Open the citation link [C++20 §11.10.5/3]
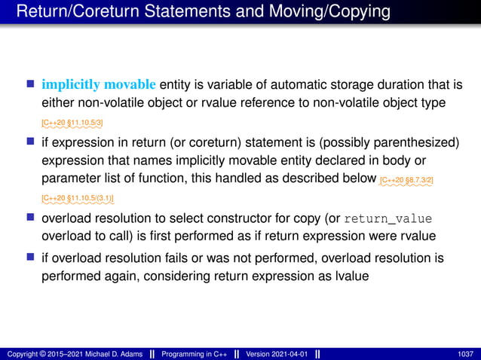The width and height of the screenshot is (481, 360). (x=72, y=121)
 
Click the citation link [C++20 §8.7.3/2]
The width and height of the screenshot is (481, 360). (x=407, y=181)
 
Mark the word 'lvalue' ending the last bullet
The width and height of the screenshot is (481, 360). (x=349, y=276)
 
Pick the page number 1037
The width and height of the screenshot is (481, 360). (x=466, y=353)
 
